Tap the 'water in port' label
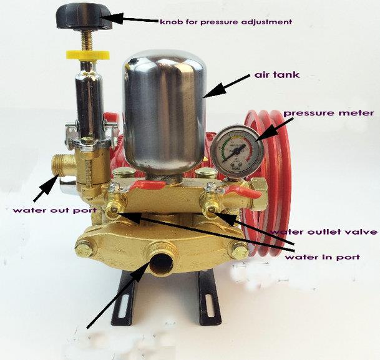(x=323, y=256)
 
